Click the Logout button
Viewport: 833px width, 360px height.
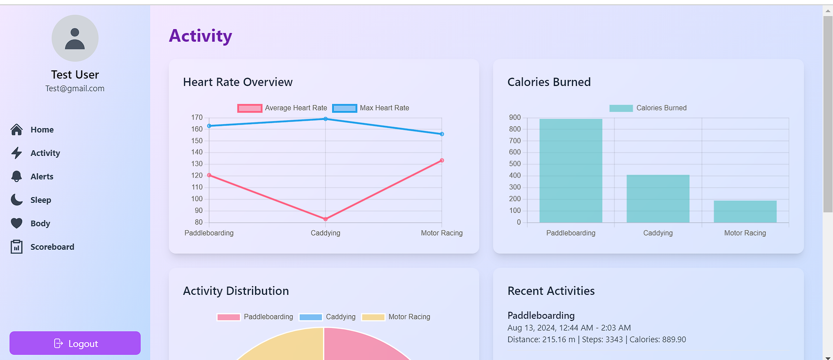(x=75, y=343)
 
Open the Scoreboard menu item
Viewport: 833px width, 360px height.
(x=52, y=247)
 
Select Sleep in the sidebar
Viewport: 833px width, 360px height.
(x=41, y=200)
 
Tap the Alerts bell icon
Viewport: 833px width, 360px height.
(x=16, y=176)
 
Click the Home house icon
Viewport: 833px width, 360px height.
(x=16, y=129)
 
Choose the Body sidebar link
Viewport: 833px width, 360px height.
(x=40, y=223)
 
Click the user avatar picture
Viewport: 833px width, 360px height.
(x=75, y=38)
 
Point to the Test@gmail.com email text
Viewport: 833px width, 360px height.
(x=75, y=89)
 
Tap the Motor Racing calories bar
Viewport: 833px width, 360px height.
(x=745, y=211)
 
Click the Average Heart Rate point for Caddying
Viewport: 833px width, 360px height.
(x=326, y=219)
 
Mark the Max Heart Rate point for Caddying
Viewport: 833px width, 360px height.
(x=326, y=119)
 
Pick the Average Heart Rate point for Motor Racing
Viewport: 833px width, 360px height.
(x=442, y=161)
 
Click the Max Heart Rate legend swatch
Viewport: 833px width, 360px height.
(x=345, y=108)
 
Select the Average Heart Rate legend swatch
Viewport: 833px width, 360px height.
(x=250, y=108)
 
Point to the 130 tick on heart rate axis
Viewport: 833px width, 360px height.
(x=197, y=164)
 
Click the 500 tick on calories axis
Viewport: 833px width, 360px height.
(x=515, y=164)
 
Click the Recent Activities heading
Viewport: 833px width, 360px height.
(x=551, y=291)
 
